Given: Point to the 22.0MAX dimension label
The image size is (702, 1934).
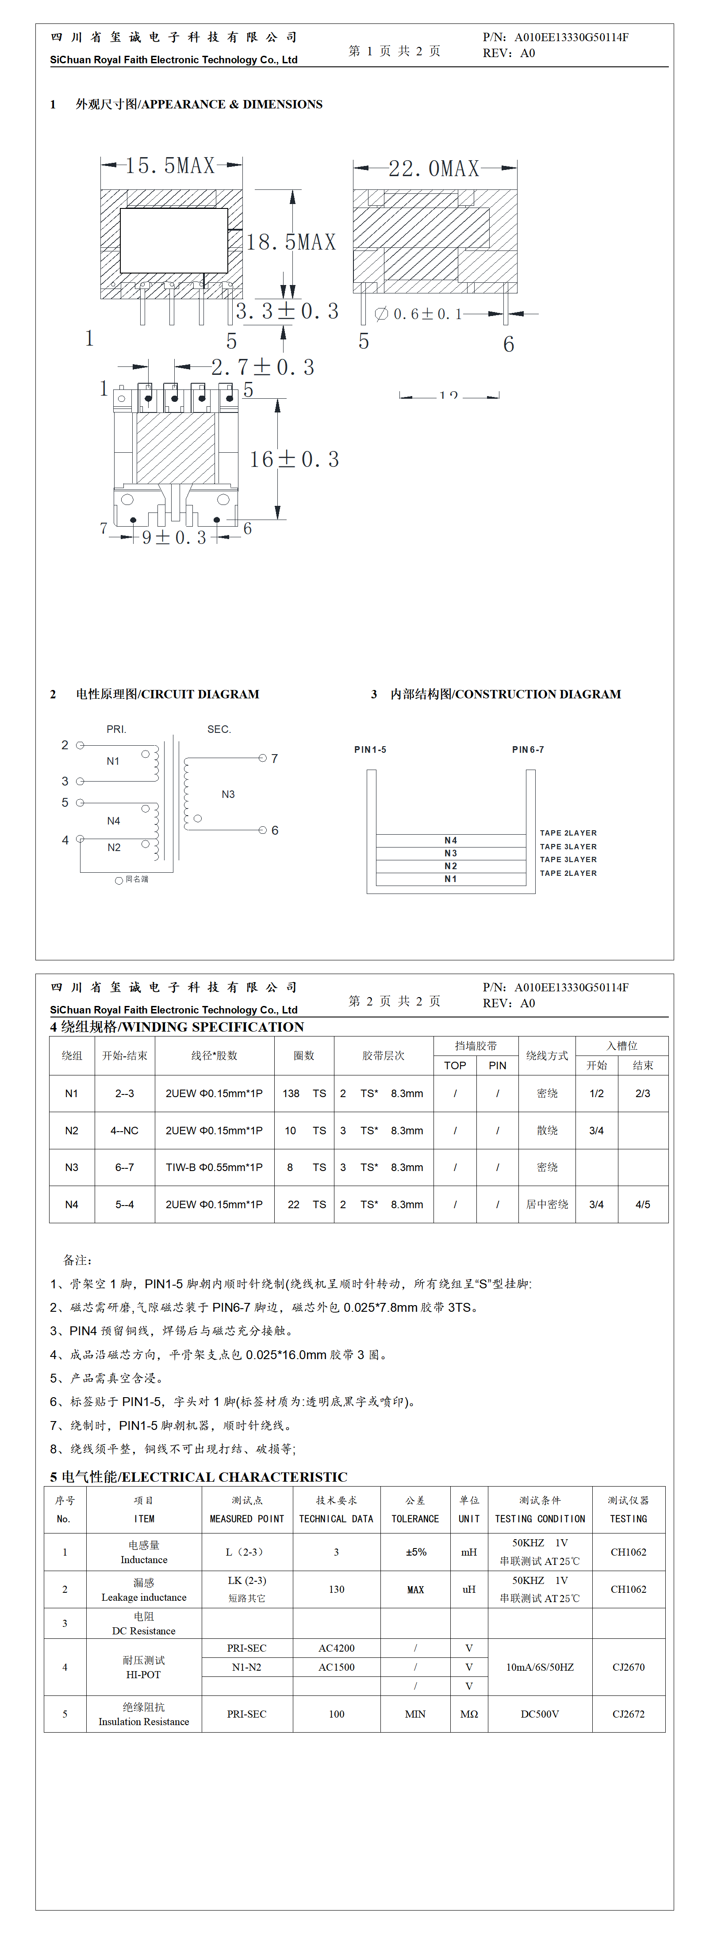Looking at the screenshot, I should (x=434, y=168).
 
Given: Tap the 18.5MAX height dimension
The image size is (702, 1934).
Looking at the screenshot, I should (x=292, y=242).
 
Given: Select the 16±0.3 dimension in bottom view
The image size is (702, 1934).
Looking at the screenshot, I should (x=294, y=459).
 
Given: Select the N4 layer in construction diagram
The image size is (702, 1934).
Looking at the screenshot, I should (x=450, y=840).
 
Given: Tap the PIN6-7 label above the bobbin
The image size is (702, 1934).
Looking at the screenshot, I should (x=528, y=749).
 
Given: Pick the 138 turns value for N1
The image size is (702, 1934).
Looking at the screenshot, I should (x=292, y=1093).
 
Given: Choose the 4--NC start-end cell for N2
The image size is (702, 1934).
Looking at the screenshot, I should (x=125, y=1130).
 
